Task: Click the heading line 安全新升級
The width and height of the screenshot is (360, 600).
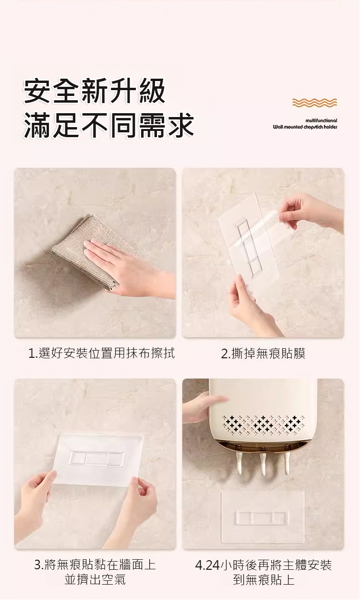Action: pyautogui.click(x=94, y=91)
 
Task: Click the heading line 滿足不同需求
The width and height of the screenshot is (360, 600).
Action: pyautogui.click(x=108, y=125)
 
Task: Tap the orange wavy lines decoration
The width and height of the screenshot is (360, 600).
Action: pyautogui.click(x=314, y=103)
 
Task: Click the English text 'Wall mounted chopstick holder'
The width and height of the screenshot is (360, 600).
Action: pyautogui.click(x=305, y=127)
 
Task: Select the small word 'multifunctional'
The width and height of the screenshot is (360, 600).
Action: pyautogui.click(x=321, y=120)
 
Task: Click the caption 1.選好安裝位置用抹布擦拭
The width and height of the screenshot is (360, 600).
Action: pyautogui.click(x=101, y=353)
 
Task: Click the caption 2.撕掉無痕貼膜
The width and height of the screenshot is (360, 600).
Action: pyautogui.click(x=263, y=353)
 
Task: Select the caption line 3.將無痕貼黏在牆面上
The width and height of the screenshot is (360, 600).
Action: pyautogui.click(x=95, y=565)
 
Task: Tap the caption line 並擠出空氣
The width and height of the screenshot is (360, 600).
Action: pyautogui.click(x=95, y=580)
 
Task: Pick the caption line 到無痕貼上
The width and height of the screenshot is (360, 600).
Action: pyautogui.click(x=264, y=580)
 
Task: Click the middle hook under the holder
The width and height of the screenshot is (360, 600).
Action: pyautogui.click(x=263, y=461)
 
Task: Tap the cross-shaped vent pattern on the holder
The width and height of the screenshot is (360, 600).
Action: pyautogui.click(x=263, y=425)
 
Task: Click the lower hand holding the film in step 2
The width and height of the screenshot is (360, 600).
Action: pyautogui.click(x=251, y=306)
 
